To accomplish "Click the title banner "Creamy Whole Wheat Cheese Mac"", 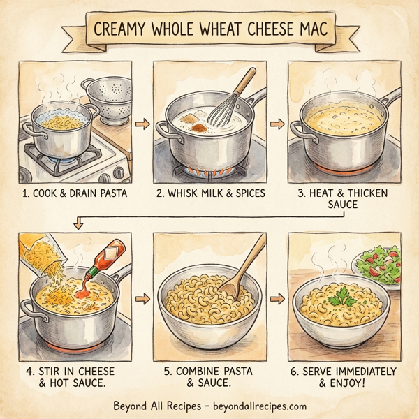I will (x=209, y=31).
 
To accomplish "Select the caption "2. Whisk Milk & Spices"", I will (x=209, y=193).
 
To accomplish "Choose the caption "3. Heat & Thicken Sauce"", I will (x=344, y=198).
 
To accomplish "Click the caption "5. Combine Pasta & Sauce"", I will (x=209, y=376).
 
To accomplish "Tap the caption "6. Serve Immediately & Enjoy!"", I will (x=344, y=376).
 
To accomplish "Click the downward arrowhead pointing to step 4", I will (x=78, y=224).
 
